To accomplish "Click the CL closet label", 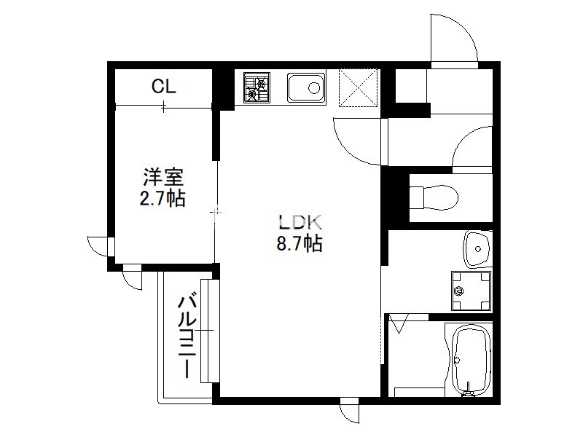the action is tap(163, 87).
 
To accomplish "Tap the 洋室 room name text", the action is tap(163, 177).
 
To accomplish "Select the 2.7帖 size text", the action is tap(163, 198).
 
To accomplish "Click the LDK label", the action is tap(300, 222).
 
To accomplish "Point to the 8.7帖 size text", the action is tap(300, 243).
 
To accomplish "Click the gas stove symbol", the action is tap(257, 87).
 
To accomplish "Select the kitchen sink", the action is tap(306, 87).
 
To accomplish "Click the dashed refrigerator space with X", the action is tap(358, 87).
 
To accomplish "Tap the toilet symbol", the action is tap(434, 197).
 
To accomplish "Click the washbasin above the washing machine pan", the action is tap(477, 249).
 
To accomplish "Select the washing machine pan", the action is tap(471, 291).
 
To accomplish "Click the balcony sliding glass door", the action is tap(210, 331).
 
